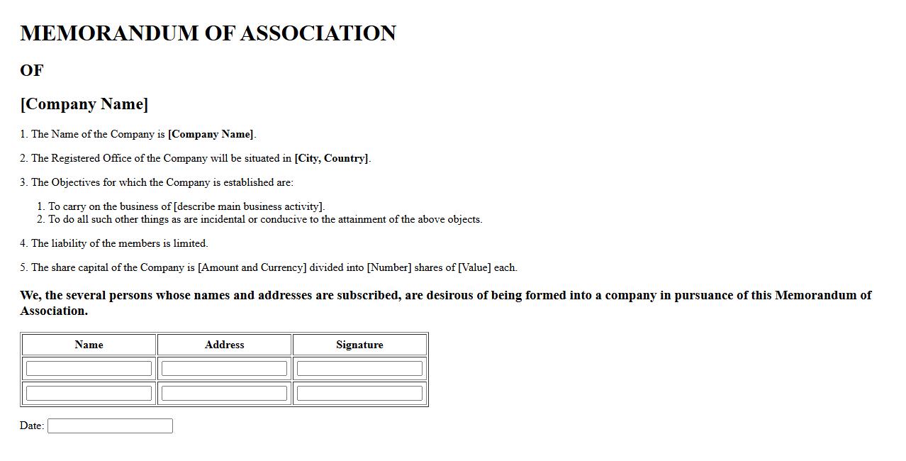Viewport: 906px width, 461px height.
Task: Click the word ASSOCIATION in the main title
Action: tap(318, 33)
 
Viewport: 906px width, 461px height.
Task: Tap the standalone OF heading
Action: tap(32, 70)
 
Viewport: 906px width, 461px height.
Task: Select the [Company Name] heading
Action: tap(84, 104)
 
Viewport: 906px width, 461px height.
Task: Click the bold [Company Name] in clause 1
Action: tap(211, 134)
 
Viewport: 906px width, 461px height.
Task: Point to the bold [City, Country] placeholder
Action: tap(331, 158)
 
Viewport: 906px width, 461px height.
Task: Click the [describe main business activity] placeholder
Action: tap(248, 206)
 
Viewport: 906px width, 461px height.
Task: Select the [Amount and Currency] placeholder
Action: tap(252, 267)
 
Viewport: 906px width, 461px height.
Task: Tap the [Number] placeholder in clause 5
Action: tap(388, 267)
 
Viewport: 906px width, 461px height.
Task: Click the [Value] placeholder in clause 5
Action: tap(474, 267)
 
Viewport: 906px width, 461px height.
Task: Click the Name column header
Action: tap(89, 345)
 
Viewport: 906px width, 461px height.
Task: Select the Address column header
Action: tap(224, 345)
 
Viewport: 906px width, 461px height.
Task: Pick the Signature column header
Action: tap(359, 345)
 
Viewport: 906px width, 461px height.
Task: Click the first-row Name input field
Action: tap(89, 369)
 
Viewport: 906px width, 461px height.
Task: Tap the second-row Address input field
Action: tap(224, 393)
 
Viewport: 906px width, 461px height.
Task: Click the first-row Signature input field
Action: tap(359, 369)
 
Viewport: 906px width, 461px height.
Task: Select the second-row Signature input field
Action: tap(359, 393)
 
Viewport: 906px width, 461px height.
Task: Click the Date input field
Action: tap(110, 426)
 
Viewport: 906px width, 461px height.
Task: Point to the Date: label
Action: tap(32, 426)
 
